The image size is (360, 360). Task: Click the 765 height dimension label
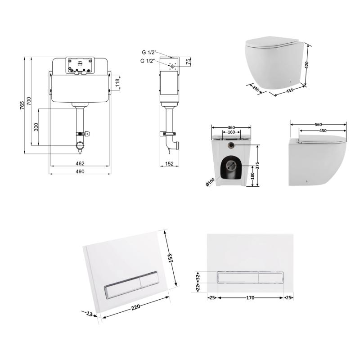click(x=22, y=105)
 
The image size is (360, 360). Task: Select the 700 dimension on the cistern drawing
click(x=29, y=101)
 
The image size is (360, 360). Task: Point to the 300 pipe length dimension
click(x=36, y=127)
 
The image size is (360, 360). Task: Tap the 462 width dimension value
click(x=80, y=163)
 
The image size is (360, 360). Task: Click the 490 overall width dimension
click(x=80, y=171)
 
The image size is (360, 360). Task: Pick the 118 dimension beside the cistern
click(x=117, y=83)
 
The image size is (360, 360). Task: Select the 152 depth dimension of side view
click(x=169, y=164)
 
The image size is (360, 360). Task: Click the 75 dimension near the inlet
click(x=188, y=62)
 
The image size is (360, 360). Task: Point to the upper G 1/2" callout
click(x=149, y=52)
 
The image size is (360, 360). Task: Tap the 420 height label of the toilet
click(x=306, y=65)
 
